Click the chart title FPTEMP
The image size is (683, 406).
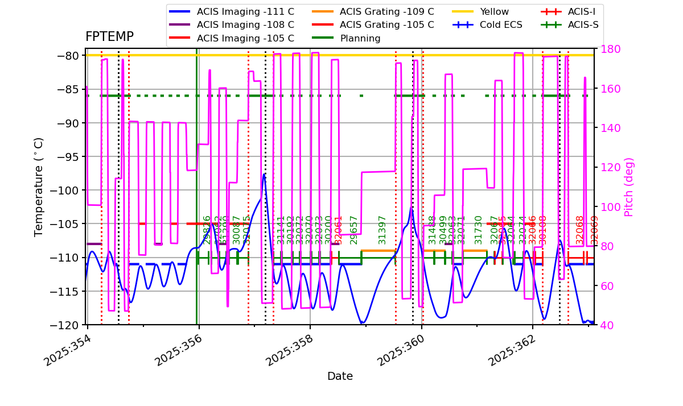pos(109,37)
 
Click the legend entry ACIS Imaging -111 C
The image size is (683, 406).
pos(245,11)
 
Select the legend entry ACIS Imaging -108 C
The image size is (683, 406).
pos(245,25)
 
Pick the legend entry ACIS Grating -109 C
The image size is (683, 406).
pos(386,11)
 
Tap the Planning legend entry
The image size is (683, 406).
pos(360,39)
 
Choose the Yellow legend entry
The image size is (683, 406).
pos(494,11)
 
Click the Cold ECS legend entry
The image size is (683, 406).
pos(501,25)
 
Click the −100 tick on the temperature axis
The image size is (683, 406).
pos(67,190)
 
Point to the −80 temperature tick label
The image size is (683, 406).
pos(70,56)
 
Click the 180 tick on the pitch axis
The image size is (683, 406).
pos(607,49)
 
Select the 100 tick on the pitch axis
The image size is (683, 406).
pos(607,207)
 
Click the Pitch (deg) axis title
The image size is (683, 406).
pos(629,187)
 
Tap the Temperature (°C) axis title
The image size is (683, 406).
pos(39,187)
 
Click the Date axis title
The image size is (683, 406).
pos(340,376)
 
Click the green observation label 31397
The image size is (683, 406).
pos(382,230)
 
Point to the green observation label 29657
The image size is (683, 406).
pos(354,230)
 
